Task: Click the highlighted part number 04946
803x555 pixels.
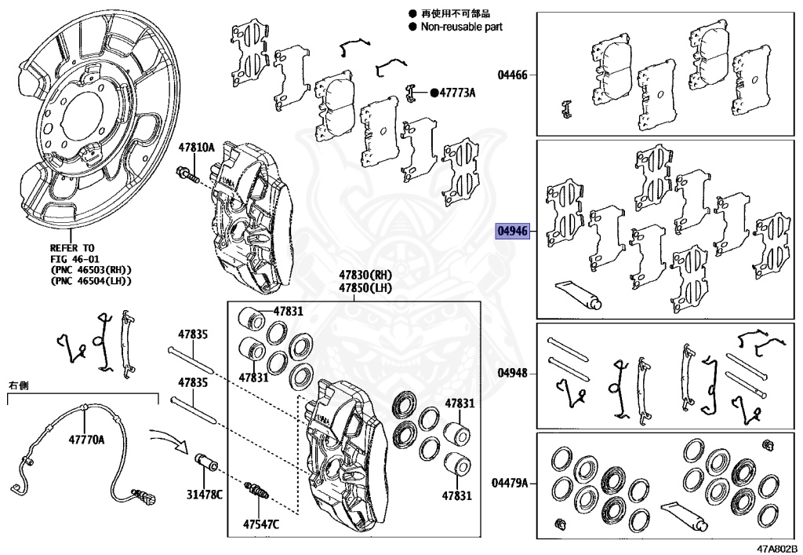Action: coord(513,232)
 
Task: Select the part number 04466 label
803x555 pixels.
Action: coord(513,75)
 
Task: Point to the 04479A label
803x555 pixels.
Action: coord(510,483)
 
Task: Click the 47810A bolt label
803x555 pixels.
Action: coord(196,147)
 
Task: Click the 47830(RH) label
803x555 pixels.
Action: coord(365,276)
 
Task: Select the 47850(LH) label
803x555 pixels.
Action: coord(365,288)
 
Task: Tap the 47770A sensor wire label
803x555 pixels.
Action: coord(85,440)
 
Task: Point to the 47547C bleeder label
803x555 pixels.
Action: coord(261,524)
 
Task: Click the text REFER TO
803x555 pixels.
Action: coord(72,245)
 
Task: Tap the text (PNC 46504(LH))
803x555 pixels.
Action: coord(90,279)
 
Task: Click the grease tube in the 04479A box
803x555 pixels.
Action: coord(684,513)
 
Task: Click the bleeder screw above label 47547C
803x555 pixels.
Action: coord(258,491)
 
